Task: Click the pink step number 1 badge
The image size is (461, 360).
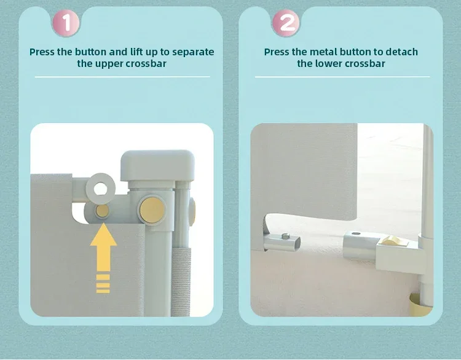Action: [x=66, y=23]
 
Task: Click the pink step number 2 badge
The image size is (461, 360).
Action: [x=286, y=23]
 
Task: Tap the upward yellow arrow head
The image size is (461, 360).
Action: [x=103, y=235]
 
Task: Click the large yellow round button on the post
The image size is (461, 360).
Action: [x=152, y=210]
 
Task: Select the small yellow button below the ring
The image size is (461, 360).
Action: [x=102, y=211]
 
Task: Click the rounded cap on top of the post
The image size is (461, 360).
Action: [x=157, y=165]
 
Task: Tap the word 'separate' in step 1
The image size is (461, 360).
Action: [x=193, y=52]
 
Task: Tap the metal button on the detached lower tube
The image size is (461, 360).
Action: [x=285, y=236]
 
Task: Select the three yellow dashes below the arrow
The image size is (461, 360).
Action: [x=103, y=284]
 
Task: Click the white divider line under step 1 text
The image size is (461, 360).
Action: [x=122, y=77]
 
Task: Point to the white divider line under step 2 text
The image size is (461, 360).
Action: [x=342, y=77]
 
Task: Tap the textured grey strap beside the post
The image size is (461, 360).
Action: [x=181, y=282]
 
